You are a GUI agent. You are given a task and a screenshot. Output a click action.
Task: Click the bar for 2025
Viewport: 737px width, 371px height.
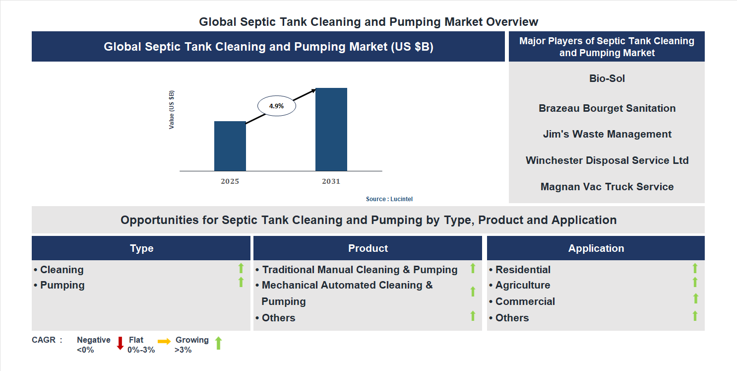click(230, 146)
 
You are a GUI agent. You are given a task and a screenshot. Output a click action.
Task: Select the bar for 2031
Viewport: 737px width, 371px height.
click(331, 130)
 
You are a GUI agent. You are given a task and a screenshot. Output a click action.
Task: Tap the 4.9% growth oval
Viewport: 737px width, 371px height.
click(276, 106)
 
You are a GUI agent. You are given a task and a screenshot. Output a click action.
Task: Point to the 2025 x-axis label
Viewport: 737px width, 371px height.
click(230, 181)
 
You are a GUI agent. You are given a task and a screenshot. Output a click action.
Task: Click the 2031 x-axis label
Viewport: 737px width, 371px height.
click(331, 181)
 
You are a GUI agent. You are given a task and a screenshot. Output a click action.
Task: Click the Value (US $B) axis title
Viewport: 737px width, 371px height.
click(172, 110)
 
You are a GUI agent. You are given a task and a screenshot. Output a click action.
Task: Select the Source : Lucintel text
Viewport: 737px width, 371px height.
click(389, 199)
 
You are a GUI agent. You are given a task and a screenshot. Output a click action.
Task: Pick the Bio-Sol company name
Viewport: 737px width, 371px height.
click(607, 78)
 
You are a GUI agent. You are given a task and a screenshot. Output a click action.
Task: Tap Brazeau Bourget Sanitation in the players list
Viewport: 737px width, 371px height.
click(607, 108)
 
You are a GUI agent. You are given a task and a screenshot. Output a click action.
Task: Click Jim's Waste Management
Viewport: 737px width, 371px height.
click(607, 134)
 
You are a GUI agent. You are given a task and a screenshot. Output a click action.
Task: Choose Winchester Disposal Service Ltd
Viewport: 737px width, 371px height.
click(607, 160)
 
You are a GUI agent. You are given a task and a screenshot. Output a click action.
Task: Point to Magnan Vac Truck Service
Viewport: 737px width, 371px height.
click(607, 187)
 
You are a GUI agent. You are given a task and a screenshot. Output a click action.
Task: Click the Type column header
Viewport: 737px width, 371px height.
click(141, 248)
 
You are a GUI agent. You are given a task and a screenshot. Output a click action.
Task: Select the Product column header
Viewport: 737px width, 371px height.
click(368, 248)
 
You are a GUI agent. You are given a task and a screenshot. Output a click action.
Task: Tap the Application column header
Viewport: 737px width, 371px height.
click(596, 248)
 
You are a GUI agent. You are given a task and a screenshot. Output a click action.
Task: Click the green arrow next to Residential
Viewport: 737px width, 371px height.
click(695, 268)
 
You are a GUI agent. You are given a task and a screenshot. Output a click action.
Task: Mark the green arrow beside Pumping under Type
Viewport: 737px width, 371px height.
click(241, 283)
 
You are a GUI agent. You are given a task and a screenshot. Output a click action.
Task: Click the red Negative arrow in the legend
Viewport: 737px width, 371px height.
click(120, 343)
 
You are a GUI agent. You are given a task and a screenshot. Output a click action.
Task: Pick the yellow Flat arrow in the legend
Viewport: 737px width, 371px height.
click(164, 342)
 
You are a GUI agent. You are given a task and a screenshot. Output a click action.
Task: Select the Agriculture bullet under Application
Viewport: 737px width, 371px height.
click(523, 285)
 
